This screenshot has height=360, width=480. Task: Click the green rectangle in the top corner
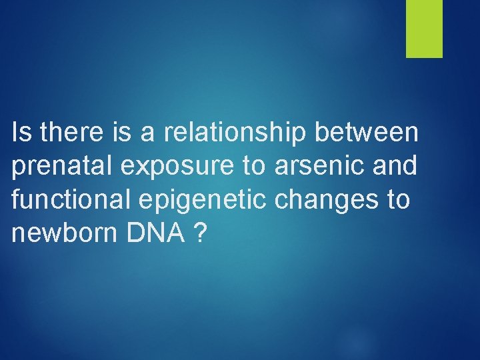pyautogui.click(x=425, y=28)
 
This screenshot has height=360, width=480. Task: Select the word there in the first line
pyautogui.click(x=70, y=133)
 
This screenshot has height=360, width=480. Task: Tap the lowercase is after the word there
pyautogui.click(x=122, y=133)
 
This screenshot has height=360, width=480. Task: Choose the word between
pyautogui.click(x=366, y=133)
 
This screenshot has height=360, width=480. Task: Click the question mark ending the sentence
pyautogui.click(x=198, y=233)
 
